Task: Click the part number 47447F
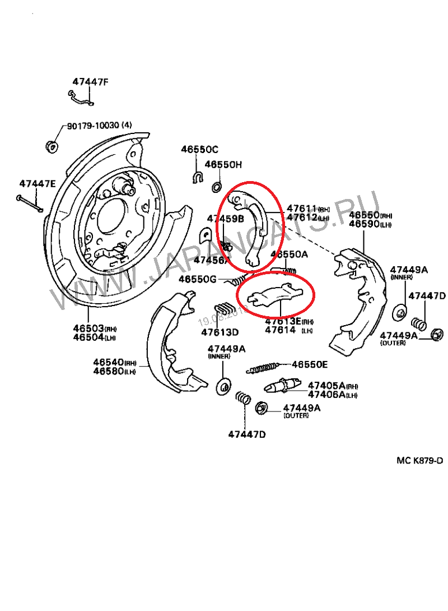pos(90,82)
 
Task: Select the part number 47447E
pos(38,183)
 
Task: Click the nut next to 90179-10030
pos(52,146)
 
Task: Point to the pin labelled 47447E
pos(29,203)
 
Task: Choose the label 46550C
pos(199,150)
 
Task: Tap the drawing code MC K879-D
pos(419,461)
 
